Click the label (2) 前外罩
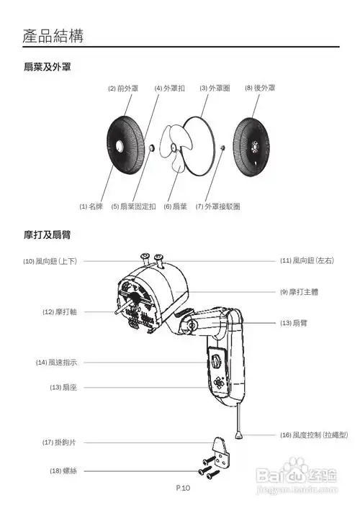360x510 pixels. (x=123, y=88)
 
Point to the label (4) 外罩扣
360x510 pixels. (x=169, y=88)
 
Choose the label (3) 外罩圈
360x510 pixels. (x=214, y=88)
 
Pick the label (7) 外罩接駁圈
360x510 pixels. (x=217, y=206)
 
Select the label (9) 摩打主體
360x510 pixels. (x=299, y=292)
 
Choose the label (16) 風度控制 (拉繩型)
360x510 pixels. (x=314, y=435)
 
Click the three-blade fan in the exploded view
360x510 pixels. (x=176, y=148)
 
